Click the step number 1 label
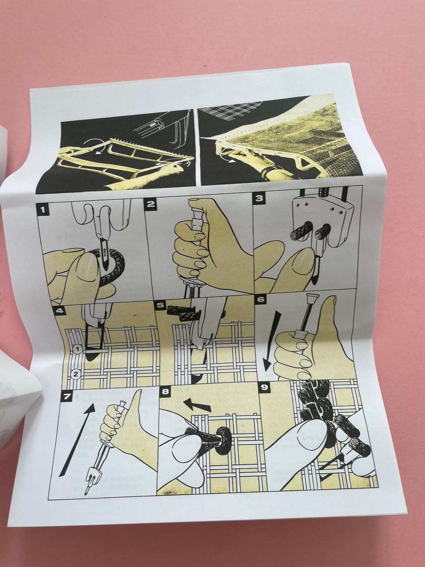[42, 209]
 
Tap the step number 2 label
[151, 204]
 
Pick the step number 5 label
[161, 305]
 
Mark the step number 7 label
[66, 396]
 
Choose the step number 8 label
[165, 392]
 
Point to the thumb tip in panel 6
[333, 299]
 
